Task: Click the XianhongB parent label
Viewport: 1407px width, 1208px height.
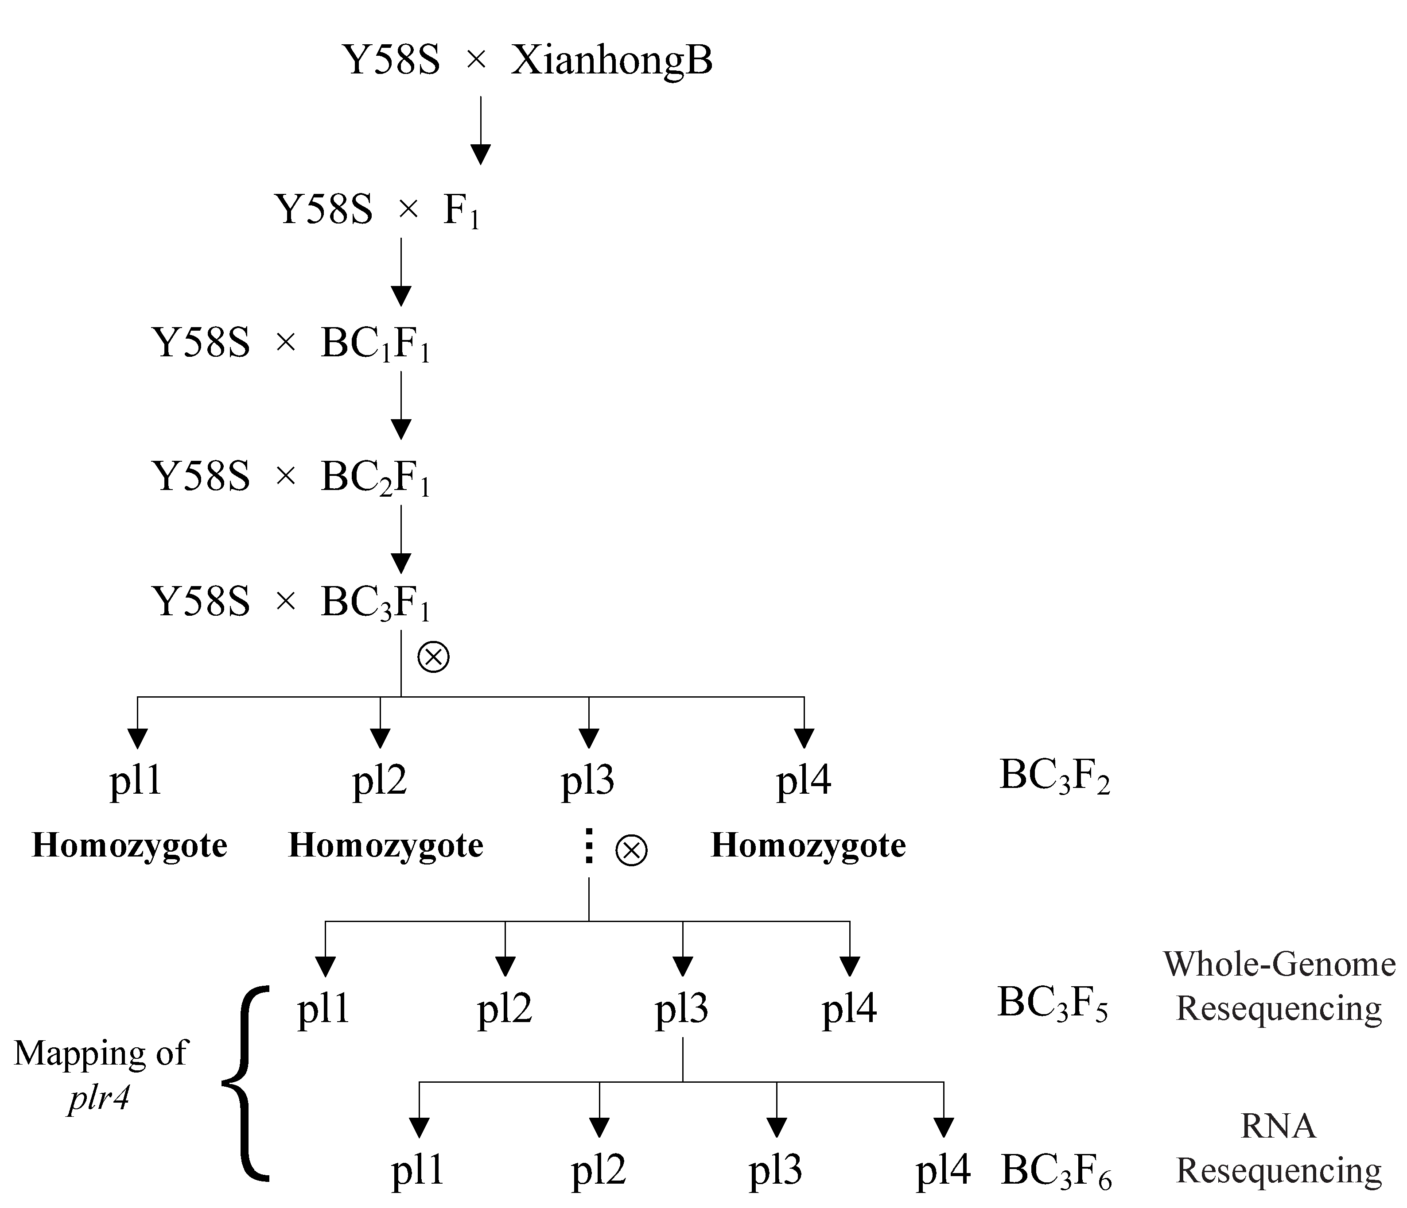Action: [611, 61]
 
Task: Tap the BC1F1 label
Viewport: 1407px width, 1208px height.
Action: [376, 344]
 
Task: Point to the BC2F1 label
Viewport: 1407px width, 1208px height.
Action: [376, 478]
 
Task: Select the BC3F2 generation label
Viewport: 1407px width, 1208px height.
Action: [1054, 776]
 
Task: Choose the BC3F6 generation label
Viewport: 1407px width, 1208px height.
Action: [1056, 1171]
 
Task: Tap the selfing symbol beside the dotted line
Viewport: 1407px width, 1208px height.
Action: [632, 850]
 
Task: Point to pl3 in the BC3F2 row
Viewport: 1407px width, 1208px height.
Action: [588, 780]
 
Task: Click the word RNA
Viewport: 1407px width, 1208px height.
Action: [1279, 1127]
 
